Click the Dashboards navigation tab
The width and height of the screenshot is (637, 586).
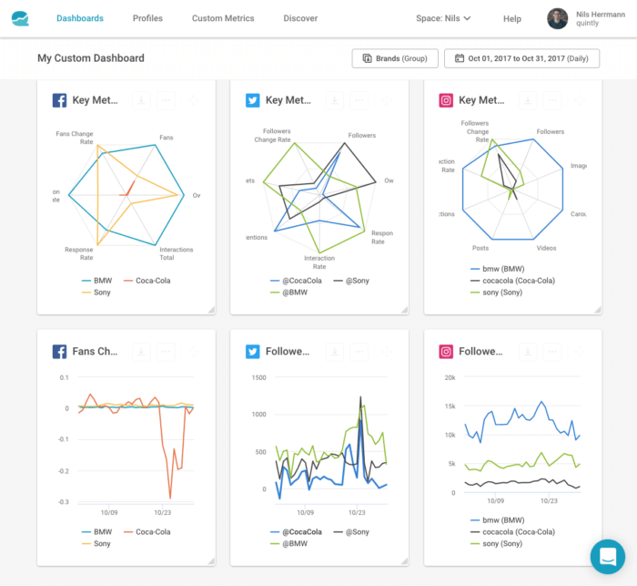point(80,18)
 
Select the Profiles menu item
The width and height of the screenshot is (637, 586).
point(147,18)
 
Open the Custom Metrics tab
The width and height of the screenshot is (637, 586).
point(223,18)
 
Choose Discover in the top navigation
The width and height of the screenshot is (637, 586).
point(300,18)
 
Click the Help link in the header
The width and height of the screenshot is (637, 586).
point(512,18)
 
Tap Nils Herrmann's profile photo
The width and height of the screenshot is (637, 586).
point(557,18)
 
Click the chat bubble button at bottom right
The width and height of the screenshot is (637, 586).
point(607,556)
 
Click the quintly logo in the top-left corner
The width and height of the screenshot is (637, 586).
point(21,18)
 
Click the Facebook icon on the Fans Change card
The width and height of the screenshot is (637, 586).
point(59,351)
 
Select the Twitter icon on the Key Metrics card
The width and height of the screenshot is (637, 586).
point(253,100)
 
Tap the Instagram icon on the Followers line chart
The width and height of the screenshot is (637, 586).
point(447,351)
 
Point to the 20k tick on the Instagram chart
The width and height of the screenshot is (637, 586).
point(449,376)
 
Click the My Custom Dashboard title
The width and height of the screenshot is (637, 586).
point(90,58)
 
